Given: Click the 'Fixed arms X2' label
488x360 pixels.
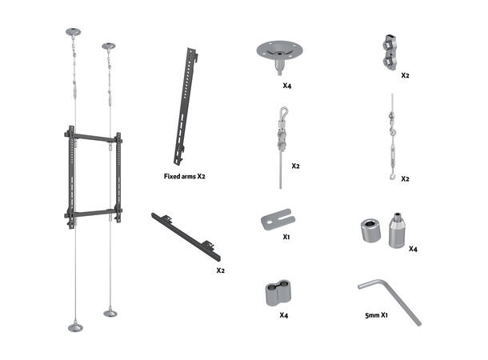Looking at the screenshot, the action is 185,177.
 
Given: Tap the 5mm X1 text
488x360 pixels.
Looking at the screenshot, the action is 376,315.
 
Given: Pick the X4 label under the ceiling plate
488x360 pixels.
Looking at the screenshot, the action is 287,86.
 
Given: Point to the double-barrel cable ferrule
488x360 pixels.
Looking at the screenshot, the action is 278,293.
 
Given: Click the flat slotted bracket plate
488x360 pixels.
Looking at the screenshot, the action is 278,219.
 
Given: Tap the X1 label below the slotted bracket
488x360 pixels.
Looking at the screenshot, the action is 286,237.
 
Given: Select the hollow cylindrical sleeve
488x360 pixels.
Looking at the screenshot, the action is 371,230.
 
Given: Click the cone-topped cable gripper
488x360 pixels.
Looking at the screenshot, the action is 397,230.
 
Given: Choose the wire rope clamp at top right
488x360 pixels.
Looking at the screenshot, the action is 390,52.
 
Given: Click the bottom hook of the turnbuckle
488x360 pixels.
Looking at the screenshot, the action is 393,177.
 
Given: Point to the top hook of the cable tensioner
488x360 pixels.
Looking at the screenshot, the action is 283,111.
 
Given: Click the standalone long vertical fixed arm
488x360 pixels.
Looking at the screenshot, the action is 186,106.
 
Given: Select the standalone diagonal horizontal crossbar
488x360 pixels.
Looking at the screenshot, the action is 186,237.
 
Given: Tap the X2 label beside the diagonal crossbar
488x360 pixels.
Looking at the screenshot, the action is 220,270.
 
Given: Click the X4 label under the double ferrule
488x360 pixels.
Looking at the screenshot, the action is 283,315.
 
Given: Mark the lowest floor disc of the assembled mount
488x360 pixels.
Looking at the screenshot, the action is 75,327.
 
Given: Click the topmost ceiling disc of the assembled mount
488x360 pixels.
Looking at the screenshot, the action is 73,32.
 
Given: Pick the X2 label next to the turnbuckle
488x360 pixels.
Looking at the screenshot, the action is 405,179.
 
